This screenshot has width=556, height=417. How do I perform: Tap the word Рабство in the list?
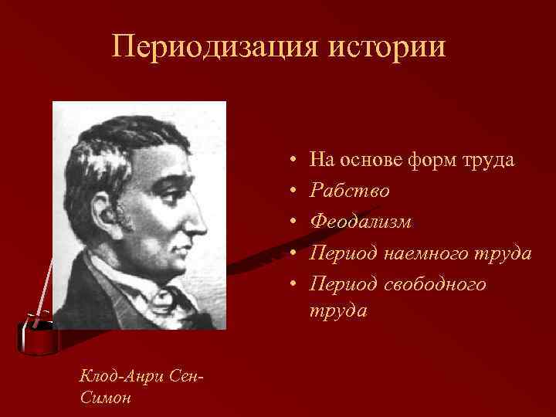[x=349, y=191]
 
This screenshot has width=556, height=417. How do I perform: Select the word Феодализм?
[x=361, y=222]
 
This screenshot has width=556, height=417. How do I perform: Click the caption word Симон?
[x=105, y=398]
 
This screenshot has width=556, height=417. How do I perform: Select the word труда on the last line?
[x=338, y=310]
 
